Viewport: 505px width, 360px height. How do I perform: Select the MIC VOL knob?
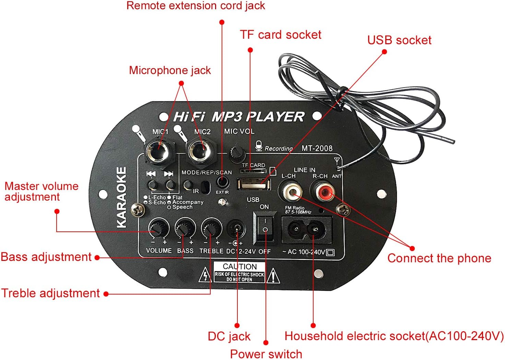coord(236,153)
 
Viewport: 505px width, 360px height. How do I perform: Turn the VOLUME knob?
coord(158,227)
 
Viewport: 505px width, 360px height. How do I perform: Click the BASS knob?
coord(185,227)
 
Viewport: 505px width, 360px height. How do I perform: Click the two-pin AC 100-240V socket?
coord(306,229)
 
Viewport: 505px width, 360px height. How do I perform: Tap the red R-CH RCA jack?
coord(322,192)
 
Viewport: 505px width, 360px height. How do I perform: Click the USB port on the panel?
coord(254,184)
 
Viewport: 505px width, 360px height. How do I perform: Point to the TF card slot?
coord(253,171)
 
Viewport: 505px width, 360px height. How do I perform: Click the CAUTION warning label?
coord(239,272)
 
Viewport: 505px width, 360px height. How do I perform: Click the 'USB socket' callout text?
coord(399,40)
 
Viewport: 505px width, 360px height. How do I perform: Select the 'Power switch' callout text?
coord(266,353)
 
